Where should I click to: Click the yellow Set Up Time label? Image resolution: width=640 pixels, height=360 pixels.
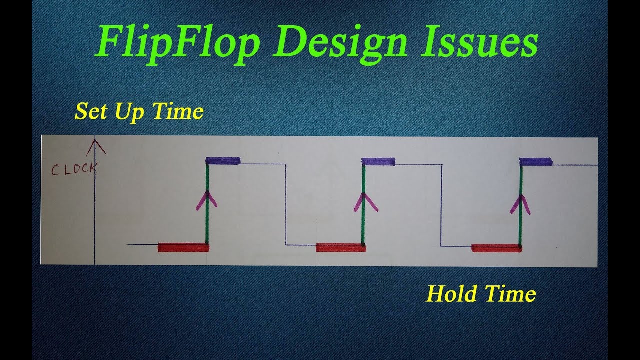tap(139, 112)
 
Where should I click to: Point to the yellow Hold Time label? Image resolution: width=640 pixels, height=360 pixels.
tap(481, 294)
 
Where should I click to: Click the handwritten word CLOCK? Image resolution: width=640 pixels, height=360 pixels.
tap(74, 169)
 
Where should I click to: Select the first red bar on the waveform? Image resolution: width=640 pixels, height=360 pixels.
tap(183, 247)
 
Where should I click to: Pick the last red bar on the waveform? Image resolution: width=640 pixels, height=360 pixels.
tap(496, 248)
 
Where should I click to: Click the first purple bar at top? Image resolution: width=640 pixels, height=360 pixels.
tap(223, 161)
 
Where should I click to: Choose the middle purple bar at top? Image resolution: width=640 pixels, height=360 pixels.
tap(379, 161)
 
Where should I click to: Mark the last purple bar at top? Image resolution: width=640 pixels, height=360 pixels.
tap(536, 162)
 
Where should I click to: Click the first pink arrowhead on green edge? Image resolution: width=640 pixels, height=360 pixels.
tap(207, 199)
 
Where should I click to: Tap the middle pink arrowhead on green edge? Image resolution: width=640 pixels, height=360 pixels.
tap(363, 200)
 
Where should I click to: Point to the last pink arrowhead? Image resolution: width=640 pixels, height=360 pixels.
tap(520, 203)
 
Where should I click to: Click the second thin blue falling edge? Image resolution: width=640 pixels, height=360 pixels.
tap(441, 205)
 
